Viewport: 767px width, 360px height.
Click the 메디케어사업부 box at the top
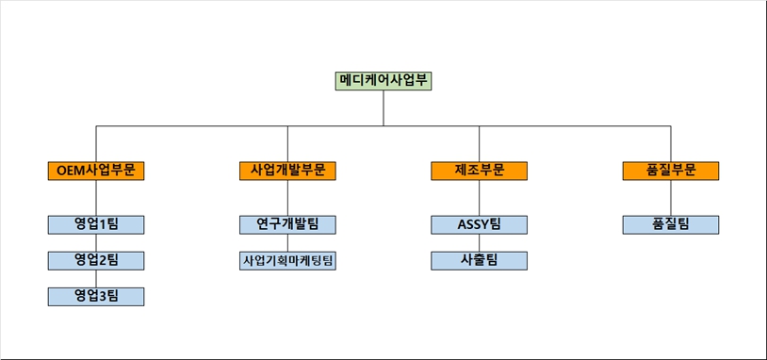coord(383,80)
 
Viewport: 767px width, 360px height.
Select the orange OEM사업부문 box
coord(95,171)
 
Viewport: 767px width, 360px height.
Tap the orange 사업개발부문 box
coord(287,171)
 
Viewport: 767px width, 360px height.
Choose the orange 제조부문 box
coord(479,171)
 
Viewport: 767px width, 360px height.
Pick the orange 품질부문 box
coord(671,171)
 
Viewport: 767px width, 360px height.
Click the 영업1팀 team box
coord(95,224)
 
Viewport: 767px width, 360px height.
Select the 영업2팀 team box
coord(95,260)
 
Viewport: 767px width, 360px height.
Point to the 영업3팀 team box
coord(95,296)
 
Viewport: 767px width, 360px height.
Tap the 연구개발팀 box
coord(287,224)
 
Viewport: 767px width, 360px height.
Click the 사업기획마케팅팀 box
coord(287,260)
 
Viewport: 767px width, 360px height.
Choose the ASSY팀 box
coord(479,224)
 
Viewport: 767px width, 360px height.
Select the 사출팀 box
coord(479,260)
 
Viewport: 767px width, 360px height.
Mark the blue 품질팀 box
coord(671,224)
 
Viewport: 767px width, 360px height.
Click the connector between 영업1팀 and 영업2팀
coord(95,242)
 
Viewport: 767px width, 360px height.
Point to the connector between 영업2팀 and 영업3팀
coord(95,278)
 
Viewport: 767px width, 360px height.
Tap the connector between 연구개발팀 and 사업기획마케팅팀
coord(287,242)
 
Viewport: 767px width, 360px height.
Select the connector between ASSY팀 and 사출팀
coord(479,242)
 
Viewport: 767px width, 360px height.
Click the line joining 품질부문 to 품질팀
coord(671,197)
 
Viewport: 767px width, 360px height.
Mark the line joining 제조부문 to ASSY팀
coord(479,197)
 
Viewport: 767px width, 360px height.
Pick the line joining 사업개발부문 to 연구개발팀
coord(287,197)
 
